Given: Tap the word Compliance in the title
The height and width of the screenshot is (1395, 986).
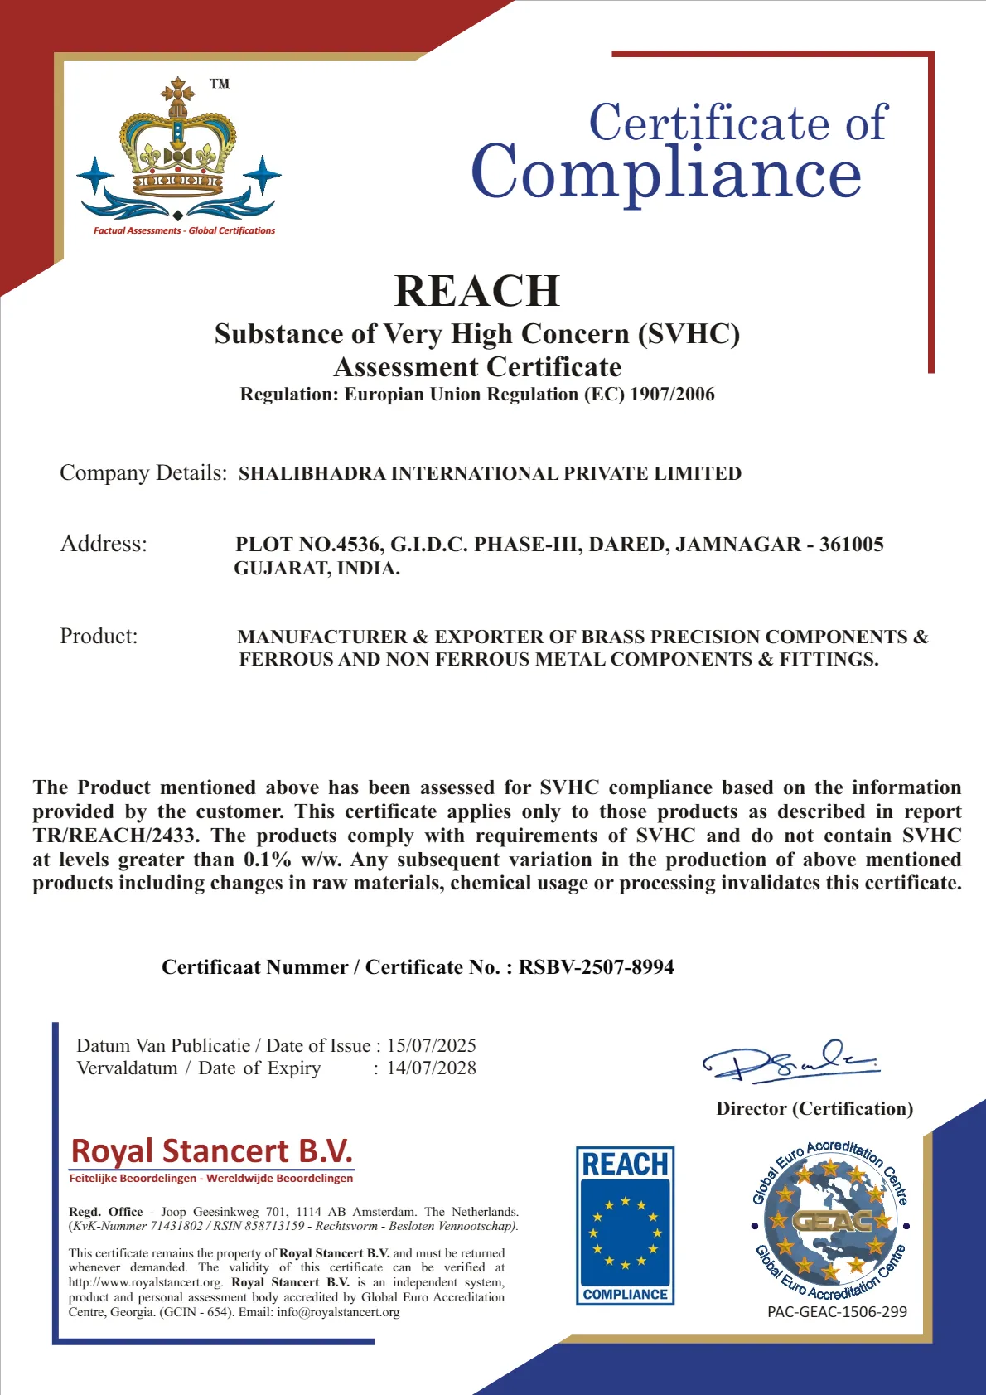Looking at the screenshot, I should (666, 173).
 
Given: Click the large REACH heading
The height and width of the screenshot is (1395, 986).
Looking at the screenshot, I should (477, 291).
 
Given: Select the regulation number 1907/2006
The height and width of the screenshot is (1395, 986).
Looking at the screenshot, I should (672, 395).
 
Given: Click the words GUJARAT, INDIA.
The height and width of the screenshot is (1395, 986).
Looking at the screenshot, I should (317, 569).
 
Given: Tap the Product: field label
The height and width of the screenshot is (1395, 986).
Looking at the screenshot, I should (99, 636).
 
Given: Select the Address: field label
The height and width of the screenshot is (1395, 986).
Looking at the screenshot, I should (104, 544).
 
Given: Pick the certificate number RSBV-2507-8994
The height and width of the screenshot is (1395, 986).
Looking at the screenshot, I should (596, 967).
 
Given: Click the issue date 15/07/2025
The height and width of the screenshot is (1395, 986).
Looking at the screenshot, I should (431, 1045).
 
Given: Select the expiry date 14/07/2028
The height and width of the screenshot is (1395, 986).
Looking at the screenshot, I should (431, 1068).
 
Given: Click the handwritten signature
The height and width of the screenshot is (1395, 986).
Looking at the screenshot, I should (790, 1061).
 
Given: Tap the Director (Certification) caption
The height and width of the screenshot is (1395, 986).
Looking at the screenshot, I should (814, 1109).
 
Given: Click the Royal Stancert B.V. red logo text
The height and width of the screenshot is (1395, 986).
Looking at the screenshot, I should (212, 1151).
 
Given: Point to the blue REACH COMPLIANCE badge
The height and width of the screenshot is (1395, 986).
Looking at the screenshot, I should (625, 1225).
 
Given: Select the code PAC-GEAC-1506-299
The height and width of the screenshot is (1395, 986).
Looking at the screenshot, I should (837, 1312).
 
